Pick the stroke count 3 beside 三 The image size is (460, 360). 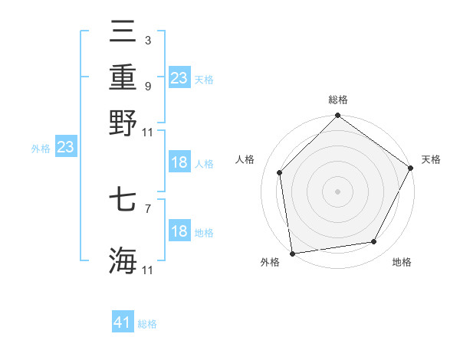coord(147,40)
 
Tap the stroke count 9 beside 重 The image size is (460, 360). coord(147,85)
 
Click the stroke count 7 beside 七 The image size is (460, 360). coord(147,208)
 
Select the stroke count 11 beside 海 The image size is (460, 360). coord(148,270)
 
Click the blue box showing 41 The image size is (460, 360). coord(123,322)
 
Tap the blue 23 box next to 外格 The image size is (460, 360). coord(65,148)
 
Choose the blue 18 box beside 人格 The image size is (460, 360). coord(179,162)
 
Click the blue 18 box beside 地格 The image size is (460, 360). coord(179,232)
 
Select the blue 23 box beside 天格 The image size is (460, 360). coord(179,78)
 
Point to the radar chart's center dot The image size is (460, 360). coord(337,191)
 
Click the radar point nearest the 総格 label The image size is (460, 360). coord(337,116)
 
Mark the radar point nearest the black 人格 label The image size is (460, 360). coord(280,172)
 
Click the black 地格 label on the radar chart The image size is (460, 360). coord(402,262)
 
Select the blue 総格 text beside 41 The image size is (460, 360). coord(147,324)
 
